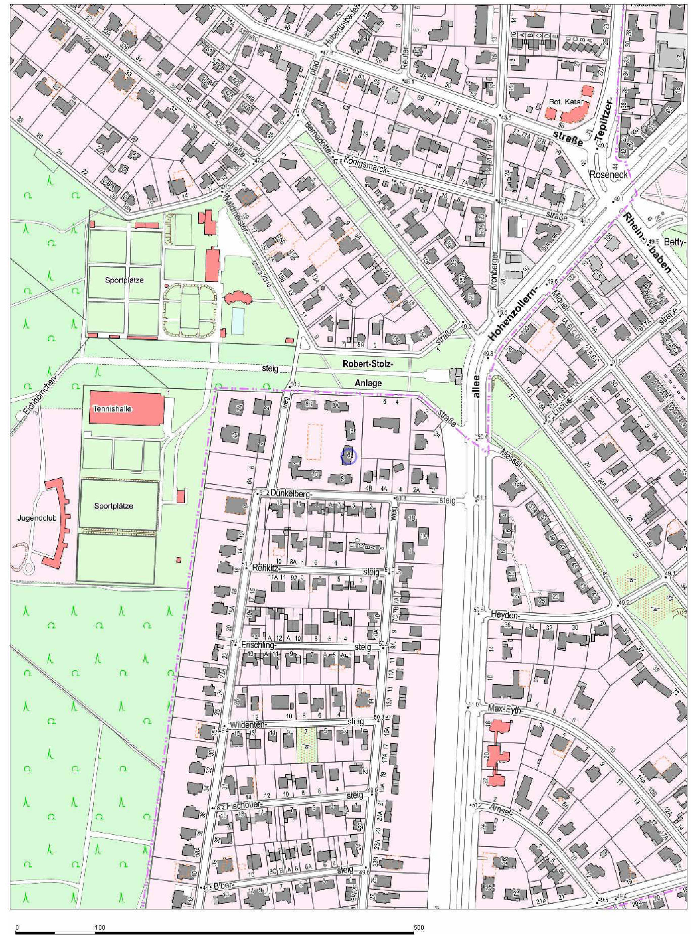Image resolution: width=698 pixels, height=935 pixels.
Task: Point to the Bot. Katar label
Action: click(x=566, y=102)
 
